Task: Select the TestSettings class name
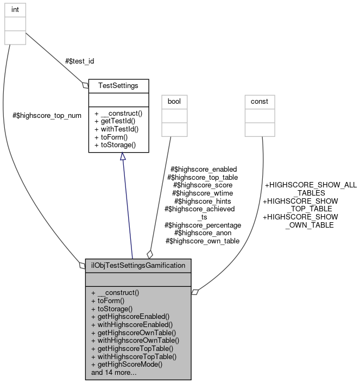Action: pos(118,85)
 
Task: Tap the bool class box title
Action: pos(174,101)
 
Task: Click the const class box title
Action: pos(260,101)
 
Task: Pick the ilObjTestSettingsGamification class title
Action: pos(138,266)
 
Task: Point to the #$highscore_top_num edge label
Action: pos(47,116)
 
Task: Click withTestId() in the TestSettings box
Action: pos(117,129)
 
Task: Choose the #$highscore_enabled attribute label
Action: pos(204,169)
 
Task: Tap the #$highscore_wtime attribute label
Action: pos(203,193)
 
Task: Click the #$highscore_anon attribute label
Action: pos(203,233)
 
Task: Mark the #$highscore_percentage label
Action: pos(203,225)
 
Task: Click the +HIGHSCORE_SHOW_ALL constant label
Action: pos(310,185)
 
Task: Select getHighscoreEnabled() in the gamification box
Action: pos(130,316)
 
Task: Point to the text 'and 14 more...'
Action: pos(114,373)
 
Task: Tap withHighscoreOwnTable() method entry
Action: pos(135,340)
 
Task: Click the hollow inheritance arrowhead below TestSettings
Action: pos(123,156)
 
